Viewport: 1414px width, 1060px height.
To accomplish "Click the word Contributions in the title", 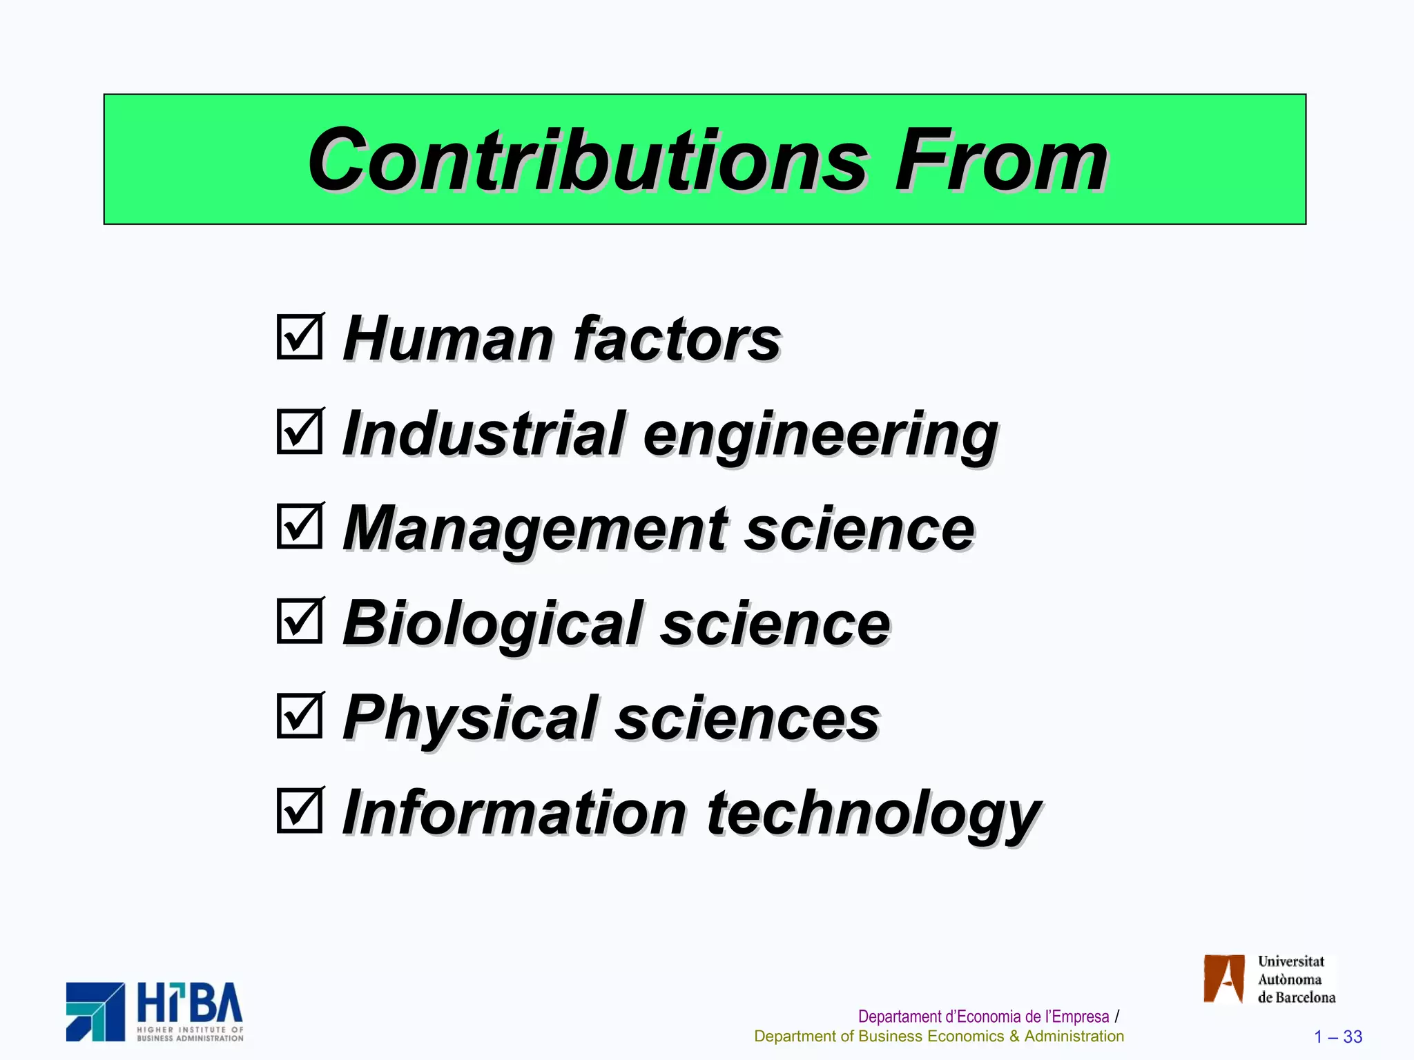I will [x=587, y=162].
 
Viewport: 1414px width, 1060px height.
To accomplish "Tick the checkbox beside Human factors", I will [x=300, y=337].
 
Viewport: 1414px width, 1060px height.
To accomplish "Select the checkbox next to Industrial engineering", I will [x=300, y=431].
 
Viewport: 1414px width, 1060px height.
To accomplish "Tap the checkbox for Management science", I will [x=300, y=526].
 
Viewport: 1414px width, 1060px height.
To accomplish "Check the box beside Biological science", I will [x=300, y=621].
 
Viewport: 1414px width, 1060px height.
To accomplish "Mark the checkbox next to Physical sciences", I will [x=300, y=716].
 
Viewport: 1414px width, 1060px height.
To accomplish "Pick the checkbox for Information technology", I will [x=300, y=810].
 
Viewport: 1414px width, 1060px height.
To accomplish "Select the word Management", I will [x=534, y=529].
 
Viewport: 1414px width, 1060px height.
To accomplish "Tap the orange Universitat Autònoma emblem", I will [x=1223, y=979].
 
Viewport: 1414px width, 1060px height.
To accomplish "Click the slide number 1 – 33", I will [x=1338, y=1037].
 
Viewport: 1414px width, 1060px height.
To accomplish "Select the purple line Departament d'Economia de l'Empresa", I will [x=983, y=1017].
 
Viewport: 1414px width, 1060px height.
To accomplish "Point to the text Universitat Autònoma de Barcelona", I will [x=1295, y=979].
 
